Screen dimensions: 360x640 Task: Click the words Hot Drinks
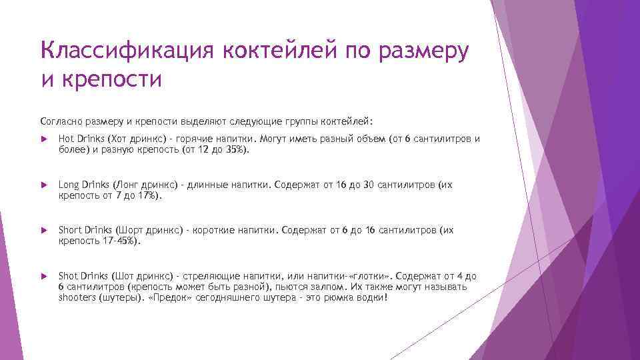tap(77, 139)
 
